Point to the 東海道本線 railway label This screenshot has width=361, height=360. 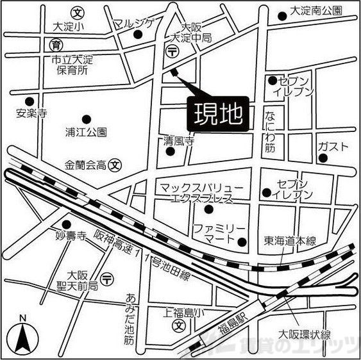coord(290,241)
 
